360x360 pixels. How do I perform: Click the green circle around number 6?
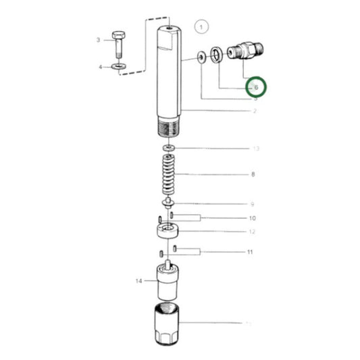click(x=255, y=87)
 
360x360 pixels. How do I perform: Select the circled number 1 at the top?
click(x=201, y=28)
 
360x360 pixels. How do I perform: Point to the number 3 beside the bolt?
click(x=98, y=41)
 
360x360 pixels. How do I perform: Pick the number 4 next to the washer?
click(x=100, y=67)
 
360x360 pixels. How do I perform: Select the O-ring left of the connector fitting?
click(x=215, y=55)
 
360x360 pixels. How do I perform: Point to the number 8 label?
click(x=253, y=175)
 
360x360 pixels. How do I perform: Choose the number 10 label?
click(x=252, y=218)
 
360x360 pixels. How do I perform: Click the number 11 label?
click(x=250, y=252)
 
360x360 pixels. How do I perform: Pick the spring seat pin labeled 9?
click(x=167, y=202)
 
